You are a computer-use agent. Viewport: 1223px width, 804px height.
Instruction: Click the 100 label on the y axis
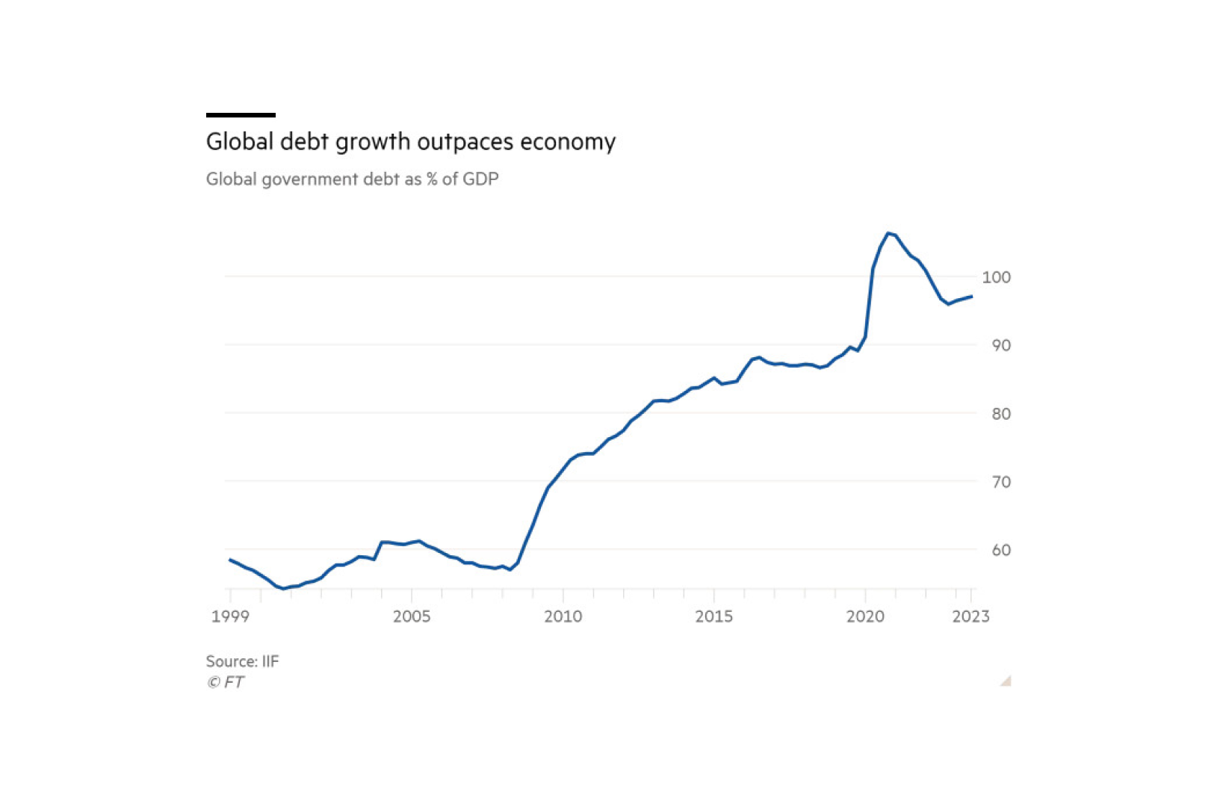click(x=996, y=277)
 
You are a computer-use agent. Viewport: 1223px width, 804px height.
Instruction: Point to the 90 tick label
click(x=1000, y=345)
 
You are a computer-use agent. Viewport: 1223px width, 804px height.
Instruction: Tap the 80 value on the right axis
click(x=1000, y=413)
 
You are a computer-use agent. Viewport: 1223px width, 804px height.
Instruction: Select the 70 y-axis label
click(x=1000, y=482)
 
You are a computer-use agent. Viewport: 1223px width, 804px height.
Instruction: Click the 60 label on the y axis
click(x=1000, y=550)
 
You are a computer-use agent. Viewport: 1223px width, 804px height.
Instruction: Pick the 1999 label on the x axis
click(x=230, y=616)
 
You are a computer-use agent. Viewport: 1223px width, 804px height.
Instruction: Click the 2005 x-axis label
click(x=412, y=616)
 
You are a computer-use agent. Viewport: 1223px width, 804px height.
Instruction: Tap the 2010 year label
click(x=563, y=616)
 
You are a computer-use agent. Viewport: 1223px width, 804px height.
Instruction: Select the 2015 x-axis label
click(x=713, y=616)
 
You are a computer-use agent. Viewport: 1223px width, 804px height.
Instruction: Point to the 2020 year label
click(x=865, y=616)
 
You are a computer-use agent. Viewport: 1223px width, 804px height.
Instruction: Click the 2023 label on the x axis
click(x=970, y=616)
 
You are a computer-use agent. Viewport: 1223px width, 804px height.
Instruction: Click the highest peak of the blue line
click(x=888, y=234)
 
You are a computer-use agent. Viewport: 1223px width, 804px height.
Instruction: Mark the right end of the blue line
click(x=971, y=297)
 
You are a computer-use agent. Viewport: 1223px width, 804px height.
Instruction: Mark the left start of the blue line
click(x=230, y=559)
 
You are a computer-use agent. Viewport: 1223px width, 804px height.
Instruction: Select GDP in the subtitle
click(x=480, y=179)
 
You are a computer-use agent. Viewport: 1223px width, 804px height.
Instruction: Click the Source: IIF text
click(x=242, y=661)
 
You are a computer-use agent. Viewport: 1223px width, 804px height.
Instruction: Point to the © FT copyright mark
click(x=225, y=681)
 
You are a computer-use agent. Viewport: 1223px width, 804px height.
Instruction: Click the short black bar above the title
click(x=241, y=115)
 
